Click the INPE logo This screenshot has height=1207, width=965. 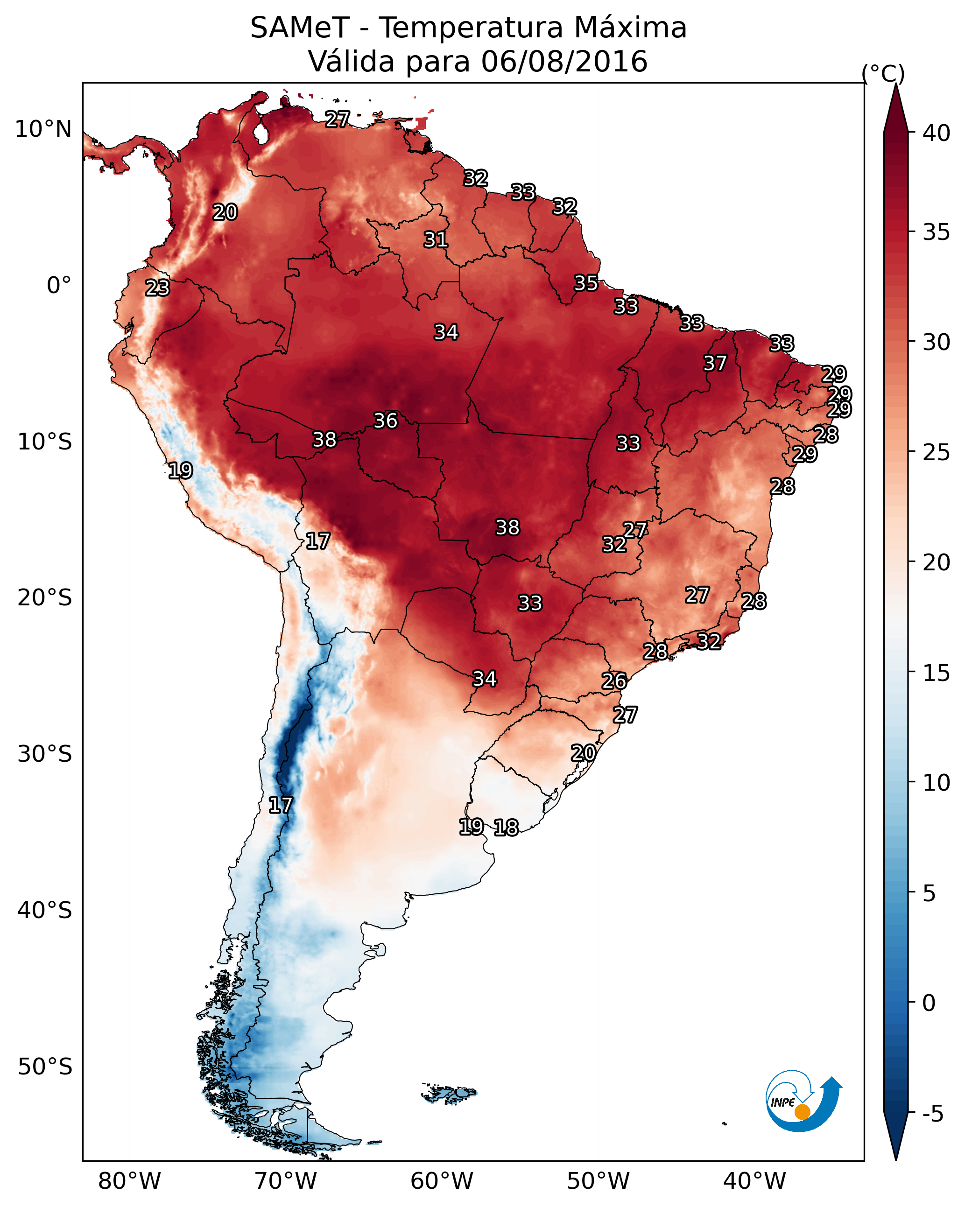804,1103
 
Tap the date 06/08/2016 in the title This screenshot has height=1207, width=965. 564,62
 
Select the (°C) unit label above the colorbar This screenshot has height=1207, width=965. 883,74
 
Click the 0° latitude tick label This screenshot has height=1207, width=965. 59,286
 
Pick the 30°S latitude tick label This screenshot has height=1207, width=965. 45,754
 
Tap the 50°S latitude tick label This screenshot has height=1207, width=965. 45,1067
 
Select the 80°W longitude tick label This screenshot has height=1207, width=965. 129,1181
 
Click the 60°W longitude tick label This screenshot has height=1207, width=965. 442,1181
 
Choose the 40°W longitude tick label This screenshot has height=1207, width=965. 754,1181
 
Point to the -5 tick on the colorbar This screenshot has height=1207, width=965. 932,1114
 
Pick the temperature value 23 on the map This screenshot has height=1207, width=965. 157,288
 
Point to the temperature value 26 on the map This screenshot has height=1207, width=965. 614,681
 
